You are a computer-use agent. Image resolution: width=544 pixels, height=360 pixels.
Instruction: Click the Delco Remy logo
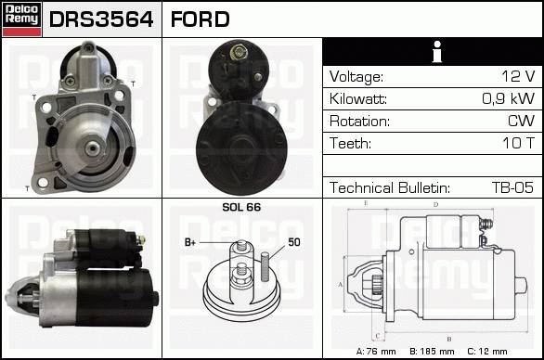click(x=22, y=19)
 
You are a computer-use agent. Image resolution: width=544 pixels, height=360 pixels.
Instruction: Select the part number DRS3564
click(x=101, y=19)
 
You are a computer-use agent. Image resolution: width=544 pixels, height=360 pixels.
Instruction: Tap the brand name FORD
click(x=200, y=19)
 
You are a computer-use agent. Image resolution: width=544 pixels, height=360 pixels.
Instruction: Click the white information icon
click(x=437, y=51)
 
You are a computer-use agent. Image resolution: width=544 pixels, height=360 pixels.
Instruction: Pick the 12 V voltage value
click(x=518, y=76)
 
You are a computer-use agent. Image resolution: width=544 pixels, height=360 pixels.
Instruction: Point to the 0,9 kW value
click(x=509, y=98)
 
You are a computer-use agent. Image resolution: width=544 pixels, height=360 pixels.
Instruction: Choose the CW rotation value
click(x=521, y=121)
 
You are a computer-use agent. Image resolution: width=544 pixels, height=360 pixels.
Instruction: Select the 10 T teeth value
click(x=518, y=143)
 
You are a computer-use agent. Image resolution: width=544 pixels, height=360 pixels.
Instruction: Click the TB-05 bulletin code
click(x=512, y=187)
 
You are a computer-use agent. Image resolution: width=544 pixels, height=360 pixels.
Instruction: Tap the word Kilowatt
click(x=358, y=99)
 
